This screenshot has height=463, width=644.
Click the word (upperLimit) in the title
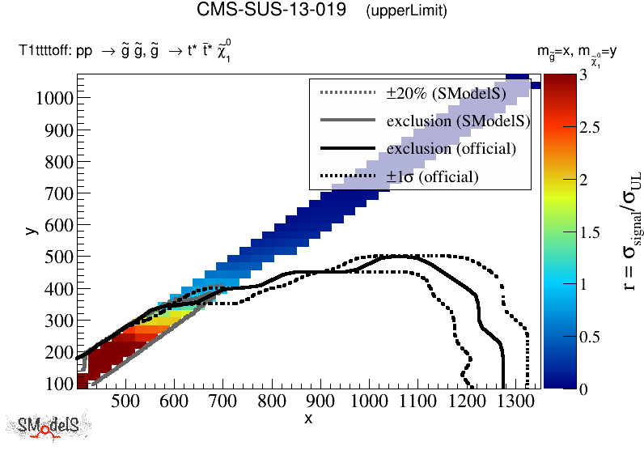tap(407, 11)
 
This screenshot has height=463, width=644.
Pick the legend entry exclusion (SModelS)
tap(458, 121)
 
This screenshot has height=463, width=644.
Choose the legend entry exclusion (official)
tap(451, 149)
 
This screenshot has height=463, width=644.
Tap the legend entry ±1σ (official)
tap(432, 176)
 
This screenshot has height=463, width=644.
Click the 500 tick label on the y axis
tap(58, 257)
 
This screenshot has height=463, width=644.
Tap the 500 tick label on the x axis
tap(125, 401)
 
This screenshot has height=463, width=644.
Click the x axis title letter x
tap(308, 418)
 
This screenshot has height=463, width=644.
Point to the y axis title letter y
tap(30, 231)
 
